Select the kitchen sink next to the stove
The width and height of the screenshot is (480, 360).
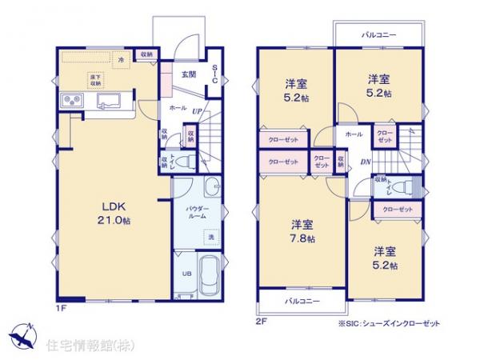click(x=108, y=102)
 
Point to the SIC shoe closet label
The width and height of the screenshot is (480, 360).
click(x=214, y=74)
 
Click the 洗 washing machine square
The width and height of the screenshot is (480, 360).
click(x=211, y=238)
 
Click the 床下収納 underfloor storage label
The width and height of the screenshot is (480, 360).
click(x=94, y=78)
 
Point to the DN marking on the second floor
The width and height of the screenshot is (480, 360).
click(x=364, y=163)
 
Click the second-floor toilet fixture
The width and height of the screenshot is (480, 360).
click(x=408, y=186)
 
